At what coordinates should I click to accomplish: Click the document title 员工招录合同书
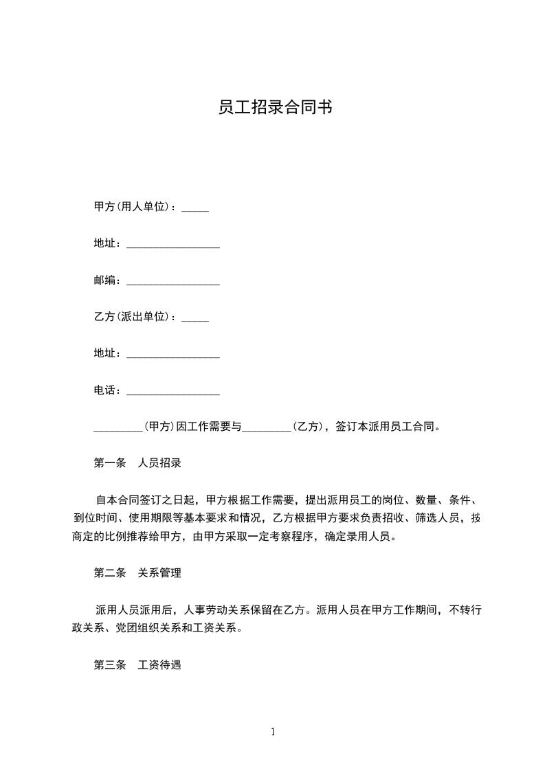274,107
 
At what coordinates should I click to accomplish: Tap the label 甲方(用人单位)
134,206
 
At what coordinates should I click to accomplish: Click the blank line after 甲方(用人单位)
195,209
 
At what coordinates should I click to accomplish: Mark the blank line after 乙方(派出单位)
195,320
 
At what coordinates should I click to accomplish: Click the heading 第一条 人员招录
137,463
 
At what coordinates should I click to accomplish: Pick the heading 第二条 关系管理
137,573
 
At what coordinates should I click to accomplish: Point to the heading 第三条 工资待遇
137,665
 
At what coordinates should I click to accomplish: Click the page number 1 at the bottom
273,732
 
